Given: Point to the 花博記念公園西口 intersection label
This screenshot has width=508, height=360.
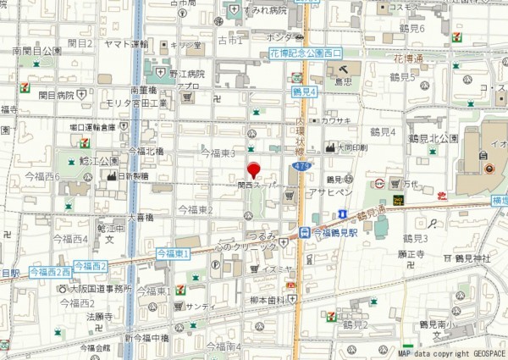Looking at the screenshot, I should coord(305,53).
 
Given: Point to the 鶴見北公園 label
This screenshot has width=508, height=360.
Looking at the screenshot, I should coord(433,138).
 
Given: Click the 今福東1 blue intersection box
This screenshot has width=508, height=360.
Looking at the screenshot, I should coord(174,253).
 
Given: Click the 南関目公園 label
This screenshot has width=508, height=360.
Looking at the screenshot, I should coord(37,52).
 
